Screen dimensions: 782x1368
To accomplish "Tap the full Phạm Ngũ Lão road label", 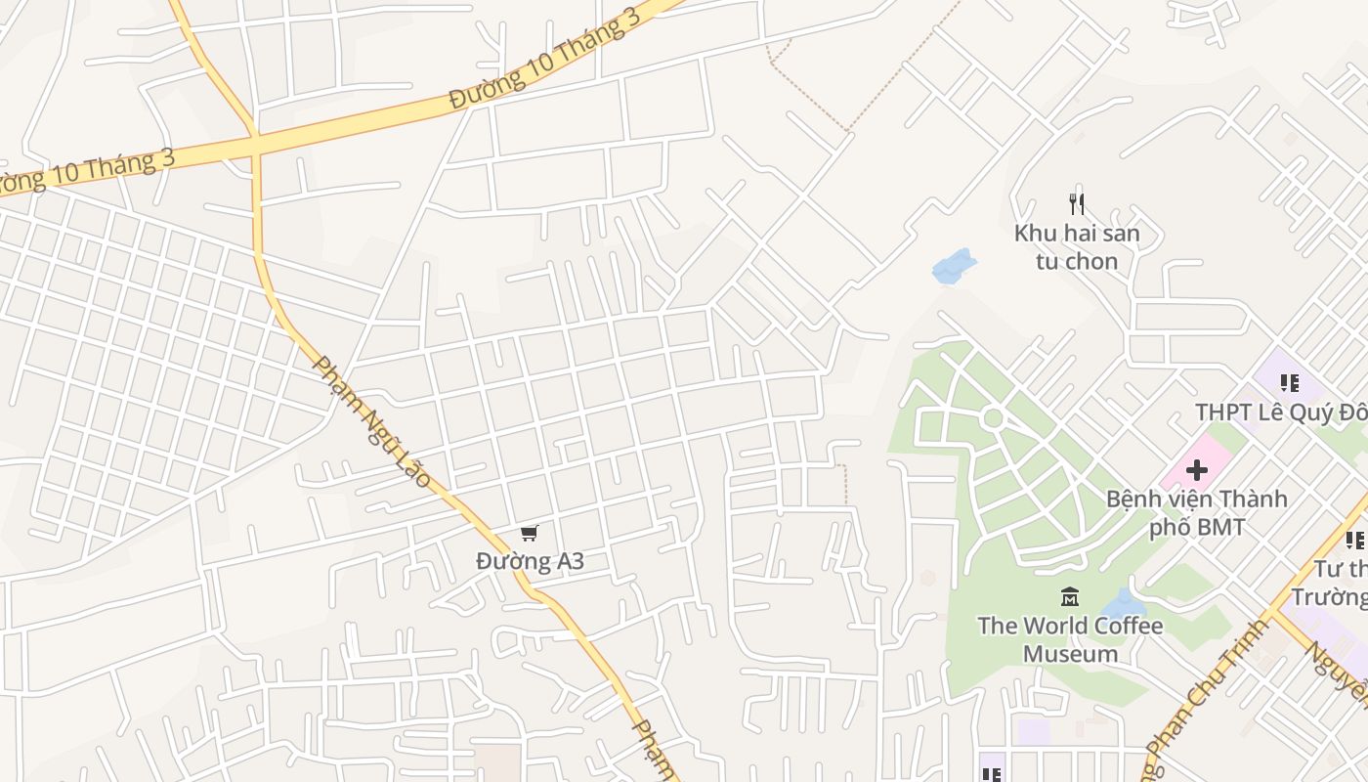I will [x=371, y=421].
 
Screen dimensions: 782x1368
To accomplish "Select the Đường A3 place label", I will [x=530, y=561].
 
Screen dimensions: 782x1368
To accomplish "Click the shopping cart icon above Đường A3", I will [x=529, y=533].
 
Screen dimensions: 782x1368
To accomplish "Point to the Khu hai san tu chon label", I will [x=1077, y=247].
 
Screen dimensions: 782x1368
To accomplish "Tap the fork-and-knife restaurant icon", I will [x=1077, y=204].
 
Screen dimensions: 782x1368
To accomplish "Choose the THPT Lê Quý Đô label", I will [x=1281, y=413].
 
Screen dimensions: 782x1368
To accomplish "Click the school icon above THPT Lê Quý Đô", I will [x=1289, y=383].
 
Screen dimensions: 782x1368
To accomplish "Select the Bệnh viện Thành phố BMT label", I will [x=1196, y=513].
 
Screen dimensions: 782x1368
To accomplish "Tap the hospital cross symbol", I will [x=1196, y=471].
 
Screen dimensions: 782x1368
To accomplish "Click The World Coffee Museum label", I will [x=1070, y=639].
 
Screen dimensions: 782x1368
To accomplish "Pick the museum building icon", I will [x=1070, y=596].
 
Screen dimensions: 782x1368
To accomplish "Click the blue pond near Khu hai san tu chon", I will [x=954, y=266].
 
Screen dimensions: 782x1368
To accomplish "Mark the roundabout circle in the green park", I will [x=993, y=418].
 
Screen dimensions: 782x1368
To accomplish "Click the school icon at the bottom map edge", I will [x=992, y=774].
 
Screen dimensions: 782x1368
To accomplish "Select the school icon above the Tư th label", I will [x=1354, y=540].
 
